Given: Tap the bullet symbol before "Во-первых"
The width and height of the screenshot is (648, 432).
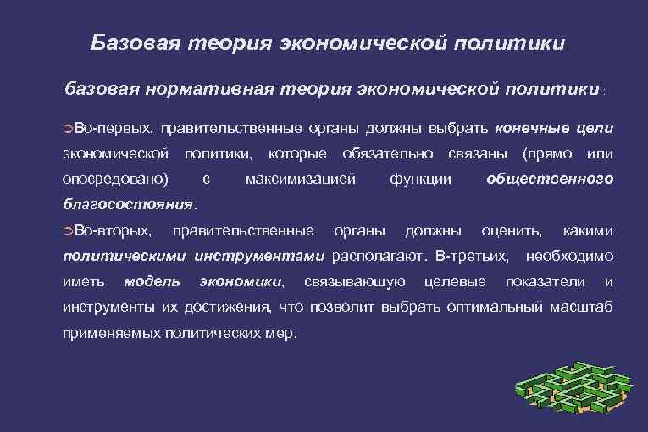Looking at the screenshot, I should pos(69,129).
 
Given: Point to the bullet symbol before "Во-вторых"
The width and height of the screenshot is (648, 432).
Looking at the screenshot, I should pos(69,231).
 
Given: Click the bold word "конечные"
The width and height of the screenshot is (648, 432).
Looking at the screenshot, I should pos(531,128).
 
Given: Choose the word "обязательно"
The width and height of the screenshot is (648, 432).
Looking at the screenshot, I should pos(387,153).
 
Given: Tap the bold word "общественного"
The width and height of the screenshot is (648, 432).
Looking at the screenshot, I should pos(551,179).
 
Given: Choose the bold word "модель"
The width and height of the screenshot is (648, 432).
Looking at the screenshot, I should pos(152,281).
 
